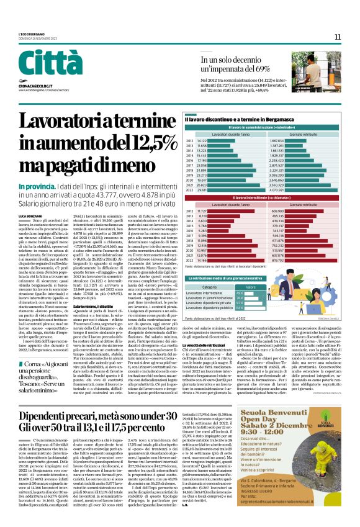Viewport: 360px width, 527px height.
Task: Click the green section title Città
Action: (x=37, y=64)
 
